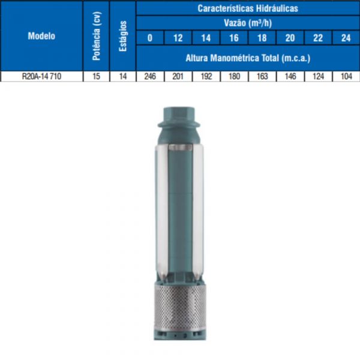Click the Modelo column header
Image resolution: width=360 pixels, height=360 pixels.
coord(41,35)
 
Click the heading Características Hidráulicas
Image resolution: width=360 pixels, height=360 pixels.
coord(248,8)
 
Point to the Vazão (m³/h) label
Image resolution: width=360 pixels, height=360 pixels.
coord(248,23)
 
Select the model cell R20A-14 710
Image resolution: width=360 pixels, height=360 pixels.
coord(41,77)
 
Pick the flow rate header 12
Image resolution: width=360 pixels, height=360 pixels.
coord(178,38)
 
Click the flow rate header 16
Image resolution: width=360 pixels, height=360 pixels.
coord(234,38)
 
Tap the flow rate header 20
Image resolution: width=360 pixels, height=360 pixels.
coord(290,38)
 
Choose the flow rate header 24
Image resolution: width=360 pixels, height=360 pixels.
coord(346,38)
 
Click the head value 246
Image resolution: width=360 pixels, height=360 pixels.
coord(150,77)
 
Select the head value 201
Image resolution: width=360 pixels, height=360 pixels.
coord(178,77)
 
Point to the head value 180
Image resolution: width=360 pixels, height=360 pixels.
coord(234,77)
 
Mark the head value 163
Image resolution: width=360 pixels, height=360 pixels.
coord(262,77)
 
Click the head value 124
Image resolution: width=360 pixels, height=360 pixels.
coord(318,77)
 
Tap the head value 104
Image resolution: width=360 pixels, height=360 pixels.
coord(346,77)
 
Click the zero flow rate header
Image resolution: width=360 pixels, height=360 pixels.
coord(150,38)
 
